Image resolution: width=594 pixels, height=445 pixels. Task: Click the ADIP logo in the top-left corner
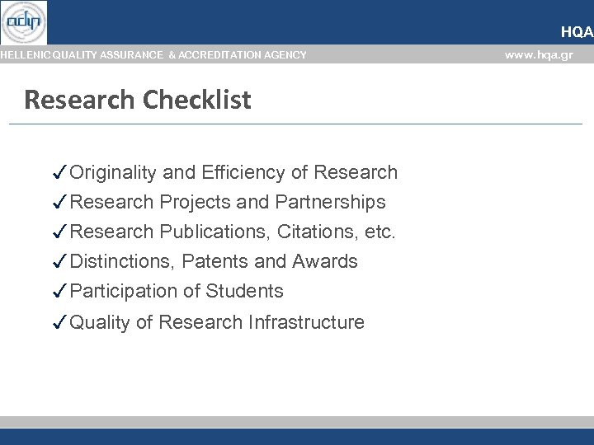tap(24, 22)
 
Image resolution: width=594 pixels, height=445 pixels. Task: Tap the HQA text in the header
tap(576, 32)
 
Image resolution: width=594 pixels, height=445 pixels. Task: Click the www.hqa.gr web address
tap(538, 55)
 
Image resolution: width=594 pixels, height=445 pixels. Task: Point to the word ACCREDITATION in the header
tap(218, 55)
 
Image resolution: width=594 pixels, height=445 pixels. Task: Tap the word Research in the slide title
tap(79, 100)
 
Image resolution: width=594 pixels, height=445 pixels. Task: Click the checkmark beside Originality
tap(59, 172)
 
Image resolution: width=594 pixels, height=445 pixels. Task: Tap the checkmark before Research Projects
tap(59, 202)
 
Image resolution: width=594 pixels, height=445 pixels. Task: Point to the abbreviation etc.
tap(379, 232)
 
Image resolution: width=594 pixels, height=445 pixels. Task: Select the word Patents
tap(214, 261)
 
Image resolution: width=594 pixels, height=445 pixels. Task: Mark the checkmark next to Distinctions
tap(59, 261)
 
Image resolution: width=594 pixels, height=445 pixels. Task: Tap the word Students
tap(244, 291)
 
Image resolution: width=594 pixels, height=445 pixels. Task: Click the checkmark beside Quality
tap(59, 322)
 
